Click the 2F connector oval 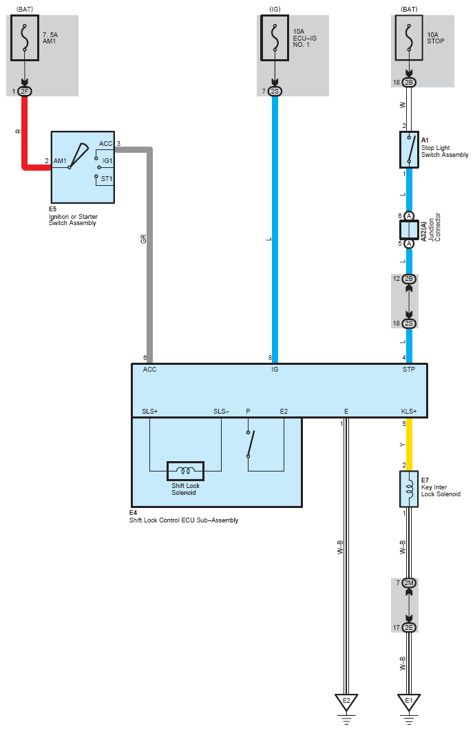click(25, 91)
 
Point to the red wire click(25, 131)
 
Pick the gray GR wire click(149, 255)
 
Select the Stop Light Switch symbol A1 click(409, 150)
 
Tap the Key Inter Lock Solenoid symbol click(409, 489)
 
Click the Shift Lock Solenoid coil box click(185, 471)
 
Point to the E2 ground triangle click(346, 702)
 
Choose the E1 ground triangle click(409, 702)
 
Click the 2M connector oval click(409, 583)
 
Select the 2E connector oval click(409, 627)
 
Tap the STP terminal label click(409, 370)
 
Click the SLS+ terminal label click(149, 412)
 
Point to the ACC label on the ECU click(149, 370)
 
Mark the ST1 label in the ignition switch click(107, 178)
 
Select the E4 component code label click(133, 513)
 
